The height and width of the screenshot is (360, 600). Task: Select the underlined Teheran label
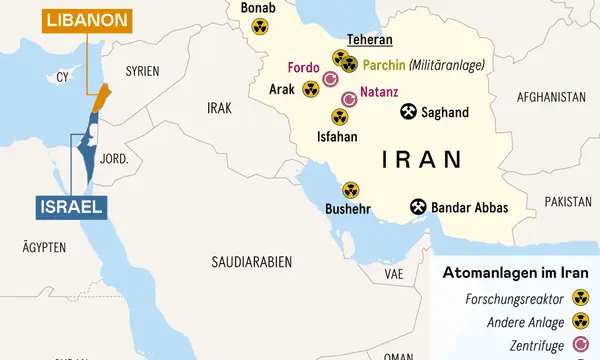(369, 41)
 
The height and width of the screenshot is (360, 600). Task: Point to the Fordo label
(303, 67)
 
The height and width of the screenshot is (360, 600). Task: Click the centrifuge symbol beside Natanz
(349, 100)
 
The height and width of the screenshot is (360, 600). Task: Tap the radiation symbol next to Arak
(310, 90)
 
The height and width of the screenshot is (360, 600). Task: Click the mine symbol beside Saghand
(408, 111)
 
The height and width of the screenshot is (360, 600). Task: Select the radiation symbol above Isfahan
(340, 116)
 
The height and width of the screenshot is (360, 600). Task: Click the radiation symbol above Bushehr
(350, 189)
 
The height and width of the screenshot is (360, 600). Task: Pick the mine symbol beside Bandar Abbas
(417, 208)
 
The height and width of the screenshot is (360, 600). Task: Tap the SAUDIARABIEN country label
(251, 261)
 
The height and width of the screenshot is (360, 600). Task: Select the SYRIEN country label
(143, 71)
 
